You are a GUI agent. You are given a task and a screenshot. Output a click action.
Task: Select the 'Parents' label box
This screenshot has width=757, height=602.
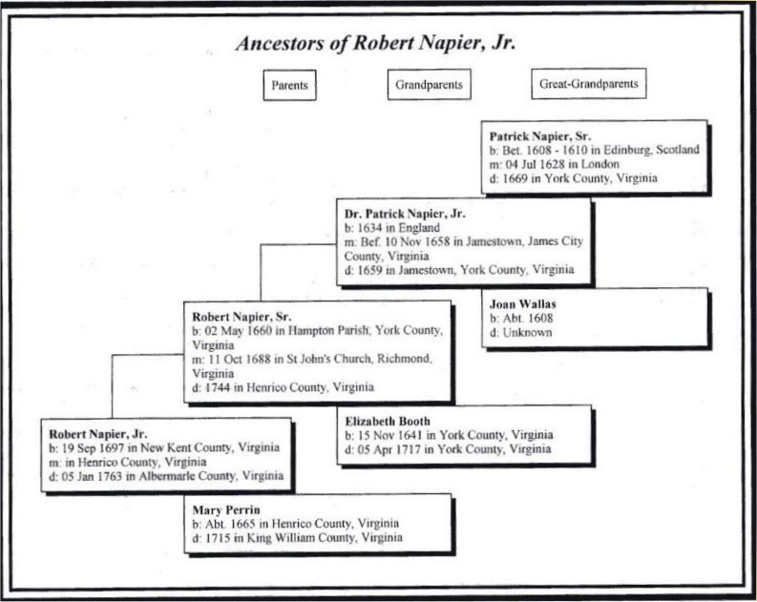289,85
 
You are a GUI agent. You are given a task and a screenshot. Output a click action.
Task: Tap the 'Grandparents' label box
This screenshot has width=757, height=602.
429,85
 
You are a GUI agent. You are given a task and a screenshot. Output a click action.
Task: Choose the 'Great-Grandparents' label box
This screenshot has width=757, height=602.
584,85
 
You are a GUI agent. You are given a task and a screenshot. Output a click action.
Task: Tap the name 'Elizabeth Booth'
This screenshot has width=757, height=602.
388,421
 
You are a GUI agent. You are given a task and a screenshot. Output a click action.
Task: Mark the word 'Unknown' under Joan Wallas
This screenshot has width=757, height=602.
526,334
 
